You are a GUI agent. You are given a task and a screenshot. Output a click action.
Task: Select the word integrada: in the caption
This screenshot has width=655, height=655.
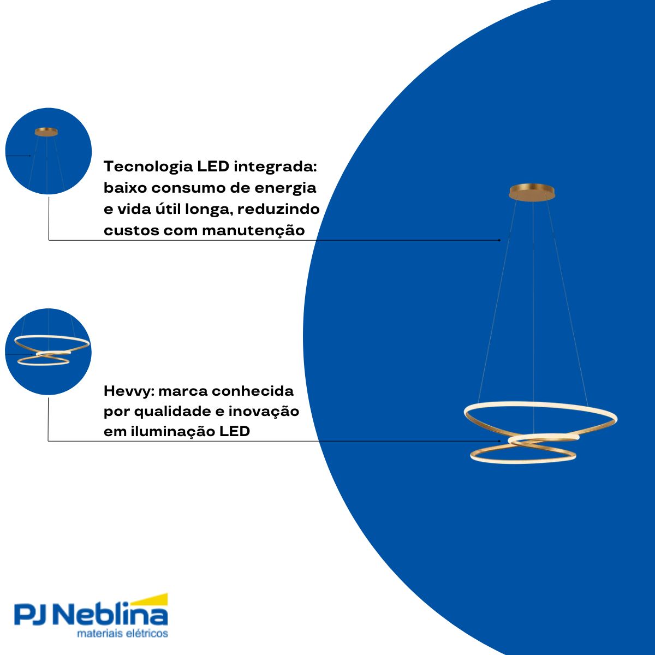275,167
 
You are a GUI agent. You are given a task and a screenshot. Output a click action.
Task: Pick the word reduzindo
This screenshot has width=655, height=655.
278,209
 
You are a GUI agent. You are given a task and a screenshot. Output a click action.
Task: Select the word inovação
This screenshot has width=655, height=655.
264,412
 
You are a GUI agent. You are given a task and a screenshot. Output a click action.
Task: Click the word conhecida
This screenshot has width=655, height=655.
254,391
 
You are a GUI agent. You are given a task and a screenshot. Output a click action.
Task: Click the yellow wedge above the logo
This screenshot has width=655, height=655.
150,600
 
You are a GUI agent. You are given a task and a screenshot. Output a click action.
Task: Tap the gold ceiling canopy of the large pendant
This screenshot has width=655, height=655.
532,192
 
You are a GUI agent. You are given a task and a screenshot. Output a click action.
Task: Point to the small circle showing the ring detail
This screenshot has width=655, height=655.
48,352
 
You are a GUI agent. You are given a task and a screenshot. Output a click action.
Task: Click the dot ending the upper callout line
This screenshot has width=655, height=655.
499,240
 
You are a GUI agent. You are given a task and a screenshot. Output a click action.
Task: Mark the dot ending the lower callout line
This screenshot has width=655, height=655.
499,441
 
